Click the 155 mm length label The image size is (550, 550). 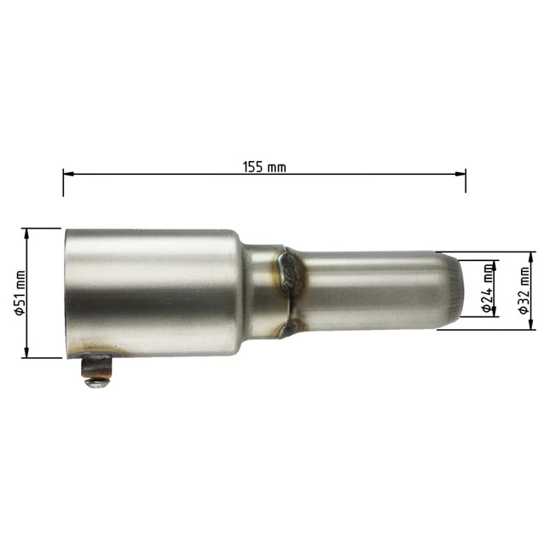(264, 167)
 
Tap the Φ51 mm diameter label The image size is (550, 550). (20, 292)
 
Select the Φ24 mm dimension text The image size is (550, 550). (487, 288)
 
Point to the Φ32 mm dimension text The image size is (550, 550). (524, 291)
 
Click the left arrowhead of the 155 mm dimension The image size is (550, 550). (68, 174)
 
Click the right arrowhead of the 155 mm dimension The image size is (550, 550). (460, 174)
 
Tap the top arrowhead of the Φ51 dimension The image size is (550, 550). (26, 234)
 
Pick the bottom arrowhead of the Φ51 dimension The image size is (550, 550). (26, 352)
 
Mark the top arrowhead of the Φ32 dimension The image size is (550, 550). (531, 258)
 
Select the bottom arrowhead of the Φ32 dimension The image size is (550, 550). (531, 324)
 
